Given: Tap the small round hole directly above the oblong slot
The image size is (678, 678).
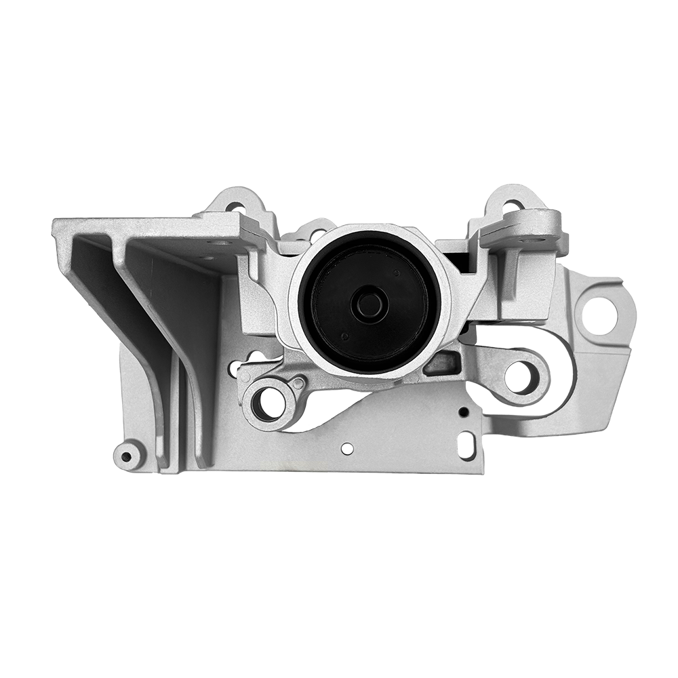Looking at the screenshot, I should [464, 412].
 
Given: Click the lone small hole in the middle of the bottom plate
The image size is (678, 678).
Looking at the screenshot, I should [347, 448].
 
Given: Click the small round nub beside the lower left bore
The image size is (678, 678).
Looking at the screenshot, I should [297, 384].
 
